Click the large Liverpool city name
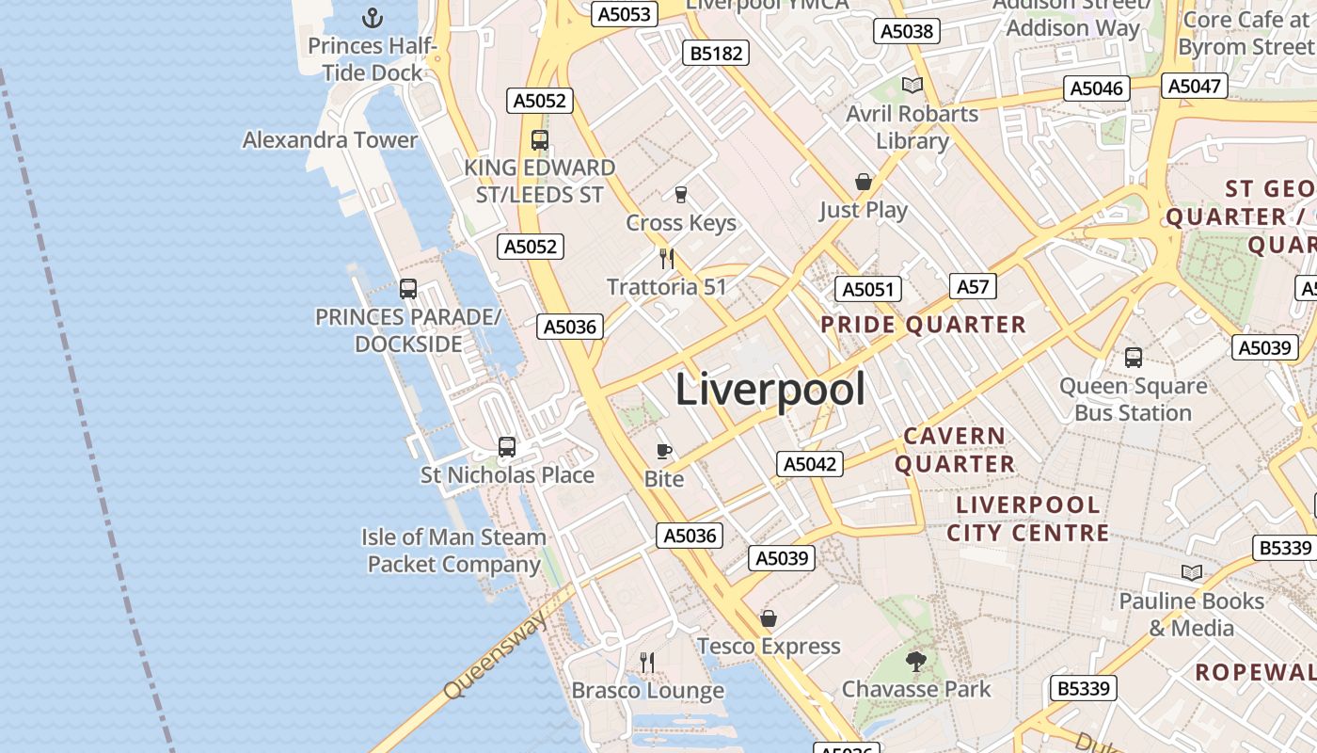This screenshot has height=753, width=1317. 770,389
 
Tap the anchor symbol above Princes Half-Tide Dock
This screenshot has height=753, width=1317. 373,17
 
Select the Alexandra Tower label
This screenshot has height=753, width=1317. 329,140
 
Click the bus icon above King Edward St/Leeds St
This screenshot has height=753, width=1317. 539,140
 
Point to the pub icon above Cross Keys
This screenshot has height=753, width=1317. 681,195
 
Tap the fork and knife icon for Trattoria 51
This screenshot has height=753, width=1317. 667,259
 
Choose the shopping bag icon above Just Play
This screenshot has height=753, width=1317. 863,182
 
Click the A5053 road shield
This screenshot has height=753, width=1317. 624,14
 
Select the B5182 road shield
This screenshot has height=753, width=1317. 716,54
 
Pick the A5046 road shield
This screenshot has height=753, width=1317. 1097,88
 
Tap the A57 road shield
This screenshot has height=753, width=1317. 973,286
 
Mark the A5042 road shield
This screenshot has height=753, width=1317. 810,464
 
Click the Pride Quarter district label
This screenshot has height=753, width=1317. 923,326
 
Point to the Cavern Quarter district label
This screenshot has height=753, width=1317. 954,450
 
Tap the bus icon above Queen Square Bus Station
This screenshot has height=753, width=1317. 1133,358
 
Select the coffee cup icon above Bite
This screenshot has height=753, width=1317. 664,451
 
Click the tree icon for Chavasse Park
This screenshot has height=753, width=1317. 915,662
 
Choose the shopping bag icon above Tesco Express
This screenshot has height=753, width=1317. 769,618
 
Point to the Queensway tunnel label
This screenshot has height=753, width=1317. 495,656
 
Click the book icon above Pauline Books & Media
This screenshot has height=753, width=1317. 1191,572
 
